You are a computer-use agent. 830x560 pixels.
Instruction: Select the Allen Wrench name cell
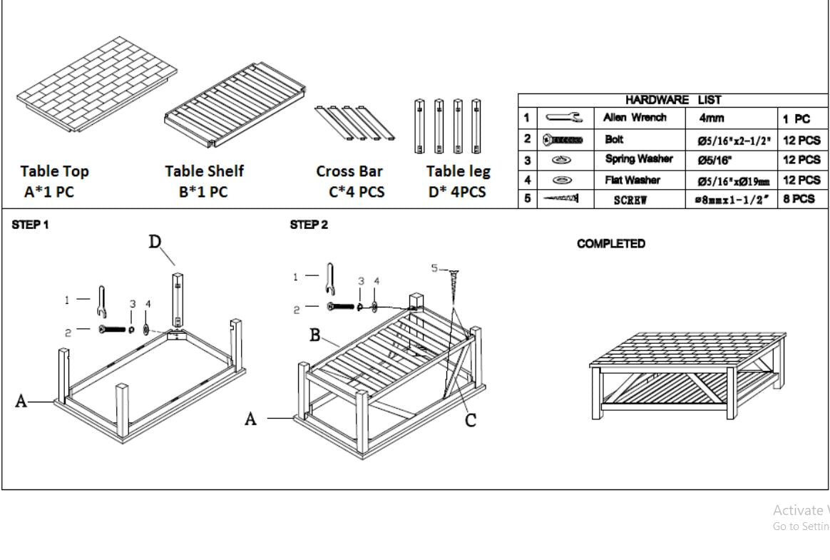pyautogui.click(x=635, y=117)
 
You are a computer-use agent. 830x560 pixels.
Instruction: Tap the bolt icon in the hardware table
pyautogui.click(x=564, y=141)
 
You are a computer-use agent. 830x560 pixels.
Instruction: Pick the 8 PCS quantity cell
pyautogui.click(x=799, y=199)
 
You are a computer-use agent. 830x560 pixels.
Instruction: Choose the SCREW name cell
pyautogui.click(x=631, y=200)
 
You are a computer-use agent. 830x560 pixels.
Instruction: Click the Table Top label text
pyautogui.click(x=55, y=171)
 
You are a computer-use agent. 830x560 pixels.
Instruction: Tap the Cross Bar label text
pyautogui.click(x=349, y=171)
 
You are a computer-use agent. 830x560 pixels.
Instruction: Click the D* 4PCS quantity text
pyautogui.click(x=457, y=192)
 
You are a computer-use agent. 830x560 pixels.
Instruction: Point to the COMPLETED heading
pyautogui.click(x=611, y=244)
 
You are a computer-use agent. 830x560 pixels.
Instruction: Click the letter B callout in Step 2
pyautogui.click(x=314, y=335)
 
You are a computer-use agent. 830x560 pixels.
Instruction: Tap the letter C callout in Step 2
pyautogui.click(x=470, y=420)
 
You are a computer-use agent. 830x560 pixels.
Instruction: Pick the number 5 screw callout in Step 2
pyautogui.click(x=434, y=268)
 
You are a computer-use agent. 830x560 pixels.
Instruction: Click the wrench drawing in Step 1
pyautogui.click(x=101, y=302)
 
